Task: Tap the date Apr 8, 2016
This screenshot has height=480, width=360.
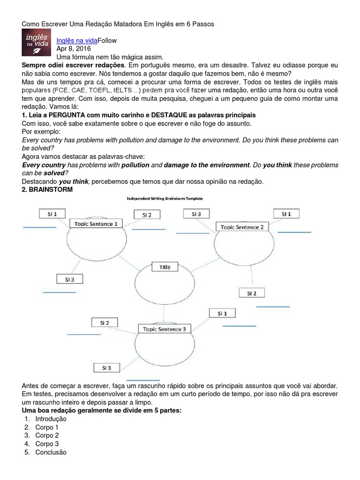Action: click(74, 49)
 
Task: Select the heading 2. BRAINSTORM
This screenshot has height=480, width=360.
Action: click(47, 189)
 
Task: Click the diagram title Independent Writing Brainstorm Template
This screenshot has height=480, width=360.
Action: click(165, 199)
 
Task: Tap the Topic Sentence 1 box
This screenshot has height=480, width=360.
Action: click(96, 224)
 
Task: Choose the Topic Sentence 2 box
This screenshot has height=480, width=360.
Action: click(242, 227)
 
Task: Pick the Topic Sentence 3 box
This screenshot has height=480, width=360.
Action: click(165, 329)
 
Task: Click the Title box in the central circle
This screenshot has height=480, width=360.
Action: click(165, 267)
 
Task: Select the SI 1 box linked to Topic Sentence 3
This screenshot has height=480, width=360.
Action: click(222, 313)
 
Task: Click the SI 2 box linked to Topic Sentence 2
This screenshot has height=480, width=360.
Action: click(252, 293)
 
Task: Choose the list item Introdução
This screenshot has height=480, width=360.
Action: click(51, 419)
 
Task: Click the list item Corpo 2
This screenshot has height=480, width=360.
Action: click(47, 435)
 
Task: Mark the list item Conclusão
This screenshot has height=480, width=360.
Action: click(51, 452)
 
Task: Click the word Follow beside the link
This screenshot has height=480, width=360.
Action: click(107, 41)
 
